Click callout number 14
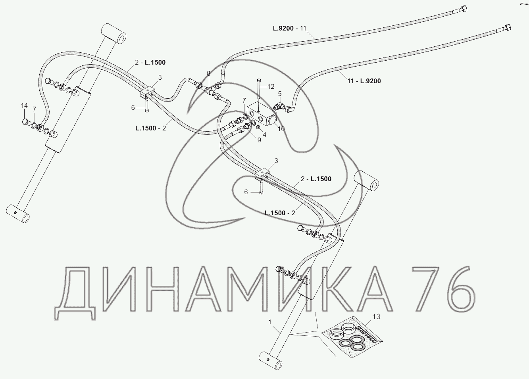pos(25,105)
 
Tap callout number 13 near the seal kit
pos(376,316)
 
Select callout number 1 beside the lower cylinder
pos(270,322)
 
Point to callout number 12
pos(271,86)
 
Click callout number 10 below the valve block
pos(281,129)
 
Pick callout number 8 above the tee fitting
pos(209,73)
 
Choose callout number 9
pos(259,140)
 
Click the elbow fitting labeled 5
pos(279,106)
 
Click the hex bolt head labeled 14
pos(25,121)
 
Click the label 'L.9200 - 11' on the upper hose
pos(290,28)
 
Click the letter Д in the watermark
pos(75,293)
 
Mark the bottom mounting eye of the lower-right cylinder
pos(271,360)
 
